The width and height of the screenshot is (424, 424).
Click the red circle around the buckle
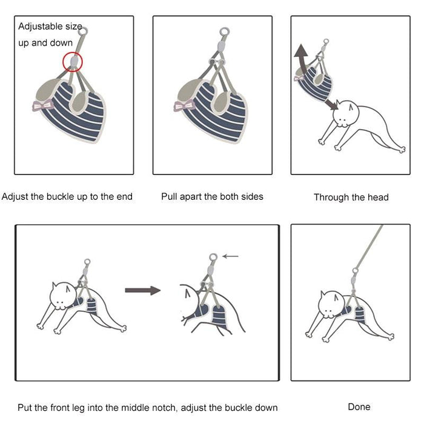click(x=73, y=61)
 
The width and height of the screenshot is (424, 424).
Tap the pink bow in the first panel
click(x=42, y=105)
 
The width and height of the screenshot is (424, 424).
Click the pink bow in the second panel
click(x=184, y=107)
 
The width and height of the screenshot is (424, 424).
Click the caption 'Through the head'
click(x=351, y=197)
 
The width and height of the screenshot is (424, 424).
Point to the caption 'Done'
click(x=359, y=407)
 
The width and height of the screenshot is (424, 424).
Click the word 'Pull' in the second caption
click(x=170, y=196)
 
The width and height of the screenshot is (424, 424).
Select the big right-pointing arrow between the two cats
click(x=142, y=291)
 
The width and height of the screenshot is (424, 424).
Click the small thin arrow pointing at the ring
click(x=230, y=256)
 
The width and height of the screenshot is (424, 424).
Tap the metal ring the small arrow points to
click(x=213, y=257)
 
